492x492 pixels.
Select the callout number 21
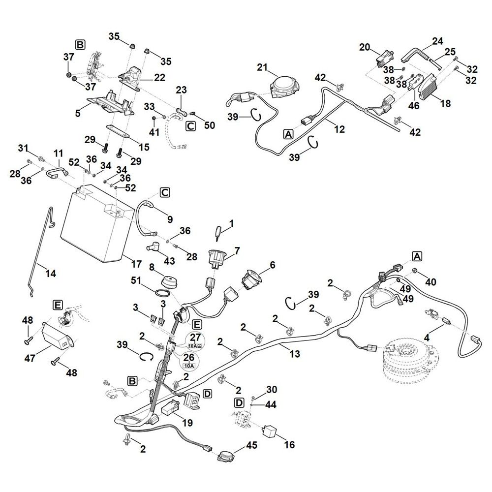pos(261,67)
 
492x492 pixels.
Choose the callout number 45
pos(251,446)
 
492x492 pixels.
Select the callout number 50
pos(210,125)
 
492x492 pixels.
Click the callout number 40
pos(431,282)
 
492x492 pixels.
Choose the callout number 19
pos(186,422)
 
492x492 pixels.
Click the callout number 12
pos(339,129)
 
